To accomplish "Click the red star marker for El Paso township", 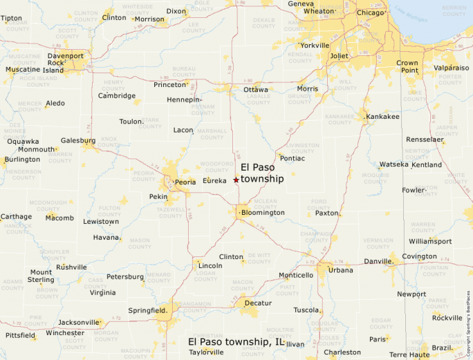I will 236,180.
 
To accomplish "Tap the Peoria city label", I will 185,182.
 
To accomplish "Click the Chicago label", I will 371,12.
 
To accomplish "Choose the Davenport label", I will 66,55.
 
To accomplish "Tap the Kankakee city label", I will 384,116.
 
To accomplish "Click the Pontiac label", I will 293,158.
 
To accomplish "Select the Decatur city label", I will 258,303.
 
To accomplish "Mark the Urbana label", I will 341,270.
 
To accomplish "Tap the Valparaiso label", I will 451,68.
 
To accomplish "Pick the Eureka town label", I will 215,180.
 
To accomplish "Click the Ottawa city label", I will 256,90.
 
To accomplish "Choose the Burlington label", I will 22,160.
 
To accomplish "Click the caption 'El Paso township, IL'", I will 236,341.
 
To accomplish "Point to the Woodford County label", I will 216,167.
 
